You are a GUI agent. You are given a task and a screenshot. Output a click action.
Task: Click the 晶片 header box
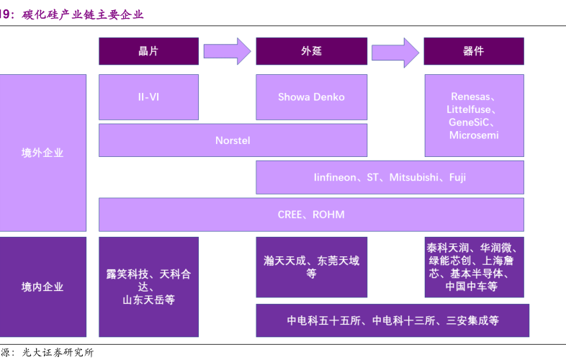pyautogui.click(x=148, y=51)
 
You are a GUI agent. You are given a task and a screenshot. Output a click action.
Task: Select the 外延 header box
pyautogui.click(x=311, y=51)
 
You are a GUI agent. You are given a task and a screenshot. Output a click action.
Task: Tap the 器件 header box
pyautogui.click(x=473, y=51)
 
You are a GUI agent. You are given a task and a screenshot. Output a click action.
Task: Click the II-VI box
pyautogui.click(x=148, y=97)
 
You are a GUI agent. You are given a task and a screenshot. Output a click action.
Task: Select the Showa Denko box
pyautogui.click(x=311, y=97)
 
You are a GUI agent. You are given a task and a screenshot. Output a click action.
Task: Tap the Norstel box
pyautogui.click(x=233, y=140)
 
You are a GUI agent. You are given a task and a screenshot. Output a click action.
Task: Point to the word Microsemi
pyautogui.click(x=473, y=135)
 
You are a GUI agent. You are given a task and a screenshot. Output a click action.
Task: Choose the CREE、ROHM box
pyautogui.click(x=311, y=215)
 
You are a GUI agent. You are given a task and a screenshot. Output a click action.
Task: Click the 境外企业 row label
pyautogui.click(x=42, y=153)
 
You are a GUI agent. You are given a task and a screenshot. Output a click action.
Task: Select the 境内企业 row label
pyautogui.click(x=42, y=287)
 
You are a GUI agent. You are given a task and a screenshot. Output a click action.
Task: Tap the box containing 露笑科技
pyautogui.click(x=148, y=287)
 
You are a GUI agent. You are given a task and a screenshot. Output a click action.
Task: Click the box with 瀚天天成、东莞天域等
pyautogui.click(x=311, y=267)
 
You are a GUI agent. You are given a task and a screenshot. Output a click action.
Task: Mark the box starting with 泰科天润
pyautogui.click(x=473, y=267)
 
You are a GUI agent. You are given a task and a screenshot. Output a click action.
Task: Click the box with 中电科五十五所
pyautogui.click(x=392, y=320)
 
